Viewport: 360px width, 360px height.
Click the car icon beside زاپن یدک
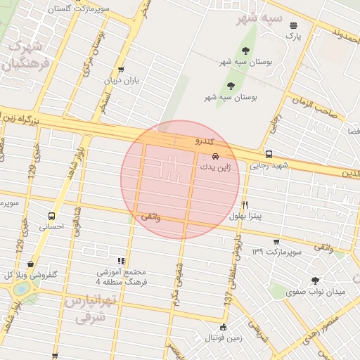215,155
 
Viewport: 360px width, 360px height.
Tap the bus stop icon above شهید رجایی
269,154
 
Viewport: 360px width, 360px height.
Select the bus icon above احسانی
51,216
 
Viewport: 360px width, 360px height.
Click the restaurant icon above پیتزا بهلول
245,205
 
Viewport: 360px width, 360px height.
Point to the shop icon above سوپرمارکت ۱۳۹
277,240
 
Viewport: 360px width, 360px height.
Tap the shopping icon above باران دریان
122,70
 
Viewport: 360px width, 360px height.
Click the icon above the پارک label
292,25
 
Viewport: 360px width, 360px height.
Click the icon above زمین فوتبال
224,327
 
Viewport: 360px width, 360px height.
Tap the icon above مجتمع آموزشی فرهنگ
122,260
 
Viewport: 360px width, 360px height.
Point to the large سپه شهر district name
259,18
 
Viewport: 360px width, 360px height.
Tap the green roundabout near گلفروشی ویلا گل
22,289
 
